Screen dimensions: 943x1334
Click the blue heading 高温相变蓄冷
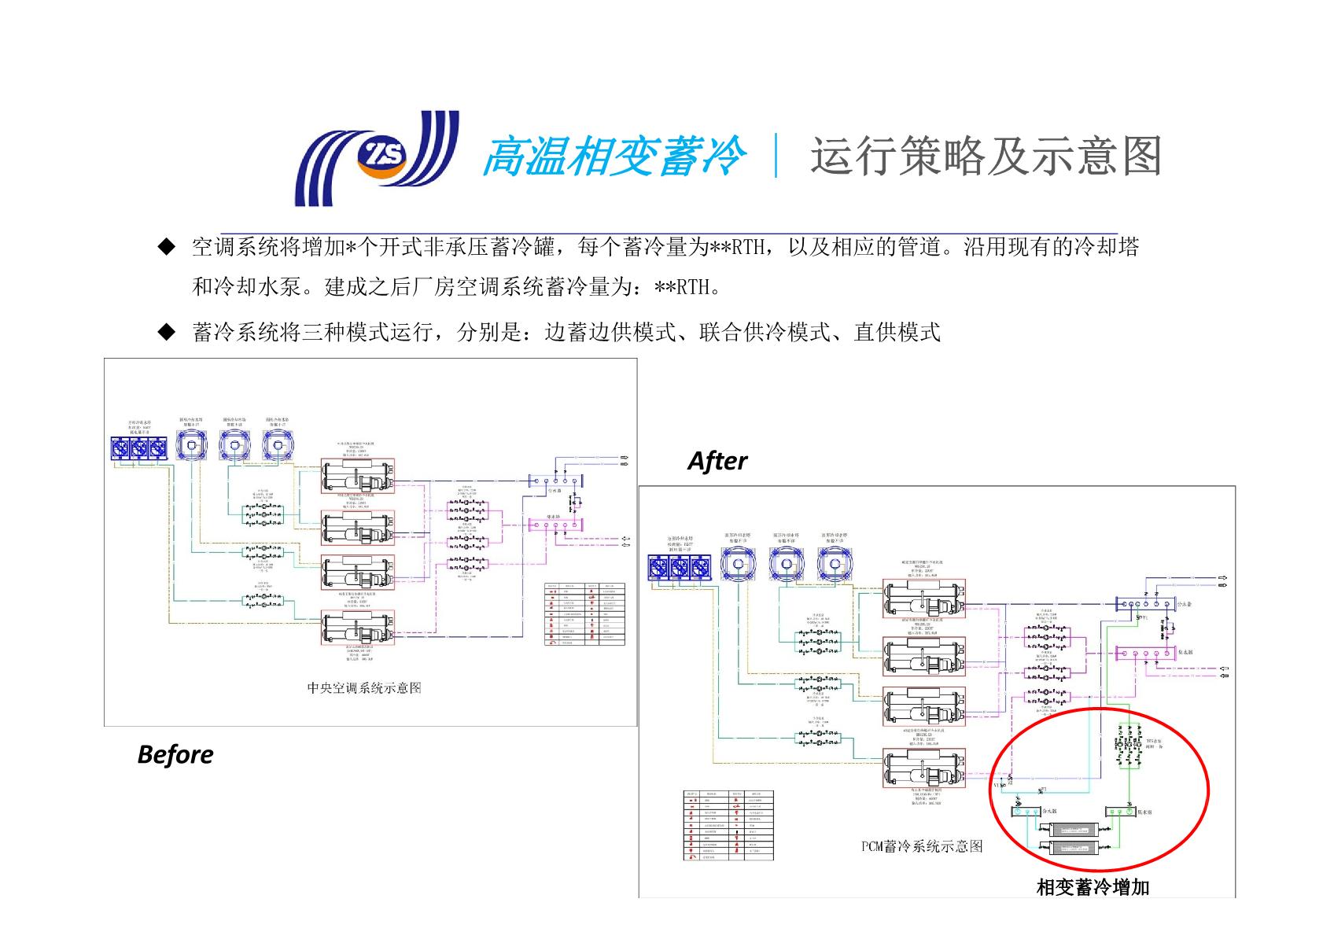click(613, 156)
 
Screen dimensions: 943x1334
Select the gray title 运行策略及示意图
click(986, 156)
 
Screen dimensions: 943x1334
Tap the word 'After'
click(717, 461)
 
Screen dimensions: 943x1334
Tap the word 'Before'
click(175, 754)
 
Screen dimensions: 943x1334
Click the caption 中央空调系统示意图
click(364, 688)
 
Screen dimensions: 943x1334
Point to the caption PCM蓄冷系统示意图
click(922, 846)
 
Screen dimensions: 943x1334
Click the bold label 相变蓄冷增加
click(1093, 887)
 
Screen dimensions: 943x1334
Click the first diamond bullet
click(166, 247)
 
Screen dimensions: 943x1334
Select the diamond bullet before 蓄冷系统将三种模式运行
click(166, 332)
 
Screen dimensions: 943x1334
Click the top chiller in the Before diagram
click(358, 477)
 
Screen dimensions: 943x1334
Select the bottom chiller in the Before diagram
click(358, 627)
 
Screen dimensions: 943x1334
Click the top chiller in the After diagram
click(923, 600)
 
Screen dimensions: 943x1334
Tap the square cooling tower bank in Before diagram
click(139, 448)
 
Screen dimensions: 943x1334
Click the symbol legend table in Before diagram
click(584, 614)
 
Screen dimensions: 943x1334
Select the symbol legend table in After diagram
click(728, 826)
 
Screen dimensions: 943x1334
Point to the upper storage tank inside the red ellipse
click(1078, 829)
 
